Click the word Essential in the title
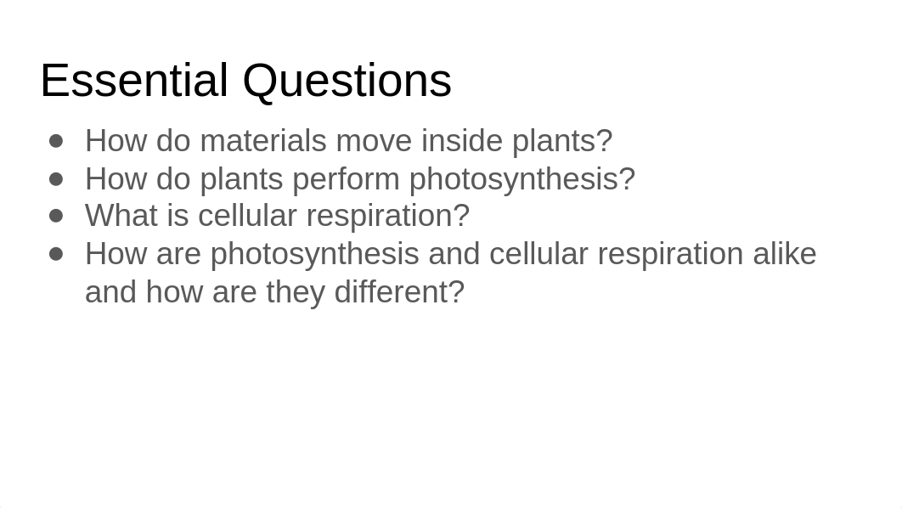coord(134,81)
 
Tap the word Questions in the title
coord(347,82)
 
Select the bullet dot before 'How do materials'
coord(56,141)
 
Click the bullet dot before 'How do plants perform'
coord(56,179)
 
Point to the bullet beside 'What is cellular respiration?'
coord(56,217)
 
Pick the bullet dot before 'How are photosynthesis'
coord(56,254)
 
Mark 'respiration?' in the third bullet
coord(388,217)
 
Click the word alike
coord(785,254)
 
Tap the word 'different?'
coord(399,291)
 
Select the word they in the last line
coord(296,293)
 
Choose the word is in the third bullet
coord(178,216)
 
